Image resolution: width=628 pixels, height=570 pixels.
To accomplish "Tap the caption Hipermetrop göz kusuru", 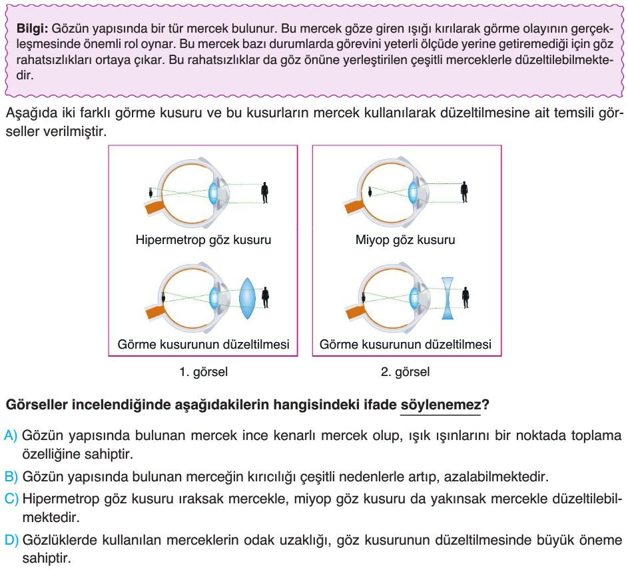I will click(x=203, y=239).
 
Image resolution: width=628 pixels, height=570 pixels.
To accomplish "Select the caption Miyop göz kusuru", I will click(x=405, y=239).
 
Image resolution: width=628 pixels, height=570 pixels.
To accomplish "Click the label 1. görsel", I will click(x=203, y=372).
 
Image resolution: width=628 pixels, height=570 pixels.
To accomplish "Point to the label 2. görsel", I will click(x=405, y=372).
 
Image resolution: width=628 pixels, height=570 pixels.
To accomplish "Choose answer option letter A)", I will click(x=11, y=436).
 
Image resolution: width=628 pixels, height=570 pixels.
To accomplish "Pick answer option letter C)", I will click(x=11, y=498).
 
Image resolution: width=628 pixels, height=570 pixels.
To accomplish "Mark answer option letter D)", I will click(x=11, y=539).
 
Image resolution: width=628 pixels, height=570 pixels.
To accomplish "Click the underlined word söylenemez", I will click(x=440, y=405).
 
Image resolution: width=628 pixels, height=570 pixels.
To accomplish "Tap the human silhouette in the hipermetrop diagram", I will click(x=264, y=192).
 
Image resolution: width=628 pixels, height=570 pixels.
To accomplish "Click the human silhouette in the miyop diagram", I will click(x=464, y=192).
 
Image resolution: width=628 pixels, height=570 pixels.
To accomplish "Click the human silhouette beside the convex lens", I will click(x=265, y=297).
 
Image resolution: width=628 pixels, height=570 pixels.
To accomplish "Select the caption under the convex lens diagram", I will click(x=203, y=345).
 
